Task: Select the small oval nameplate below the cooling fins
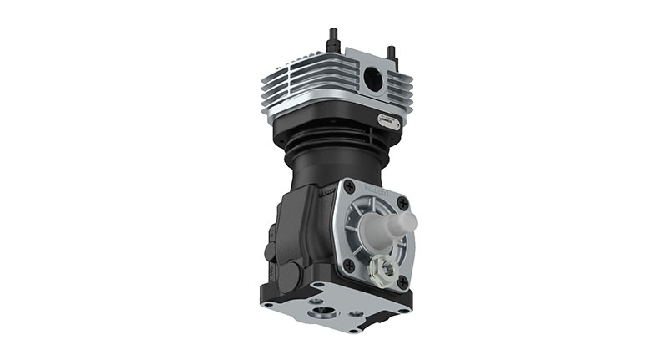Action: click(389, 119)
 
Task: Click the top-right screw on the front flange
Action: click(402, 203)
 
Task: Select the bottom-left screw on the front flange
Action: click(348, 265)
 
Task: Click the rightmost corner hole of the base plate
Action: click(403, 310)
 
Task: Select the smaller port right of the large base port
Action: click(357, 314)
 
